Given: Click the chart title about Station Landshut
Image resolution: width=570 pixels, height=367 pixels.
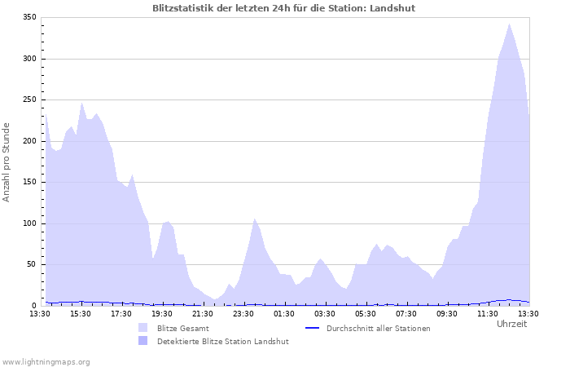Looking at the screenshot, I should (x=288, y=7).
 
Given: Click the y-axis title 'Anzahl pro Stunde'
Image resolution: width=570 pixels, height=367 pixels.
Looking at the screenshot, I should (x=7, y=161).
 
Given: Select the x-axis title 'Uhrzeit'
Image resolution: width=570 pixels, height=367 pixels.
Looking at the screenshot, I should (x=511, y=324).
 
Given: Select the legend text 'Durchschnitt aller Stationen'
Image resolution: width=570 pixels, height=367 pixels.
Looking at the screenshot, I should (x=378, y=328).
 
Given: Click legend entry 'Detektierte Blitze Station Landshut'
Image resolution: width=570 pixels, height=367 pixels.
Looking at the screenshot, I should (x=222, y=341).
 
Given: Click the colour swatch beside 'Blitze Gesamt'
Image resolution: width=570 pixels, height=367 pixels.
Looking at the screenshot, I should (x=143, y=328).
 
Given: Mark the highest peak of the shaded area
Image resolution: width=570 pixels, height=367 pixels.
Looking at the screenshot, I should (x=510, y=24).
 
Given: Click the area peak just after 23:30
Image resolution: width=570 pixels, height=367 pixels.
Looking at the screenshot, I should (x=255, y=219).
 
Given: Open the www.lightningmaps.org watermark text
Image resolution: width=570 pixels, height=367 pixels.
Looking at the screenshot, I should (x=46, y=361).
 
